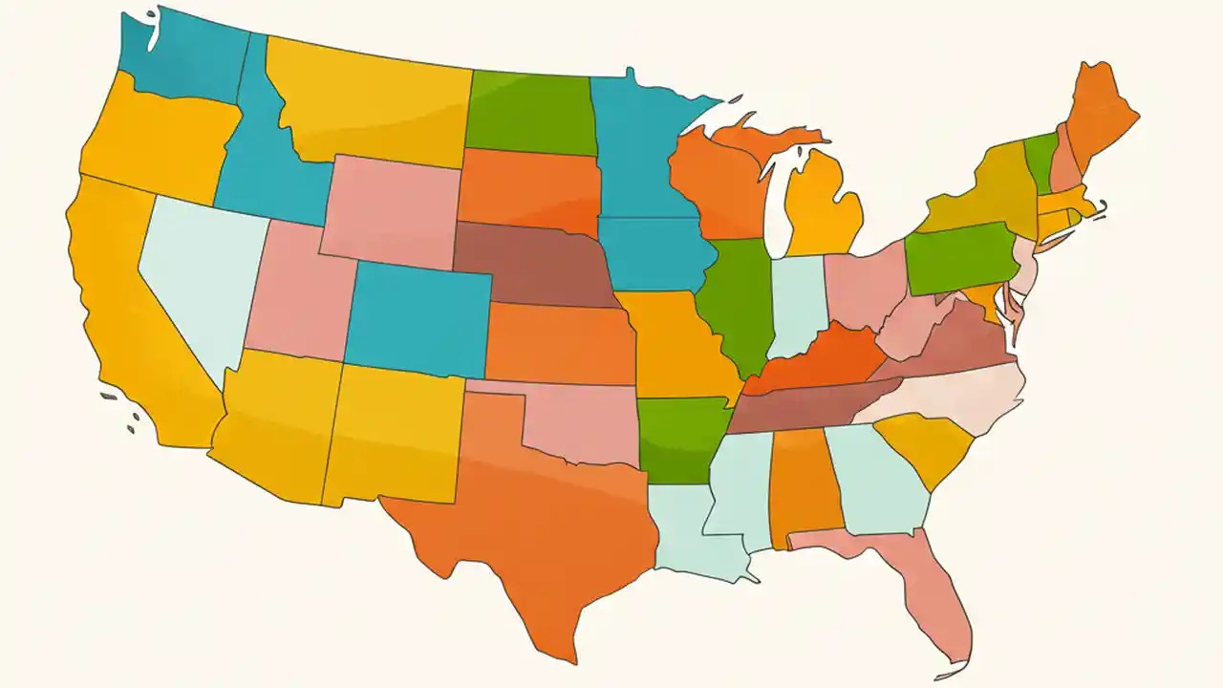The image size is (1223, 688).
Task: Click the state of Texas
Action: pyautogui.click(x=535, y=516)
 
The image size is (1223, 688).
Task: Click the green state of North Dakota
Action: pyautogui.click(x=530, y=115)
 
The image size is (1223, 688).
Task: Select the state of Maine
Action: pyautogui.click(x=1099, y=119)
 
